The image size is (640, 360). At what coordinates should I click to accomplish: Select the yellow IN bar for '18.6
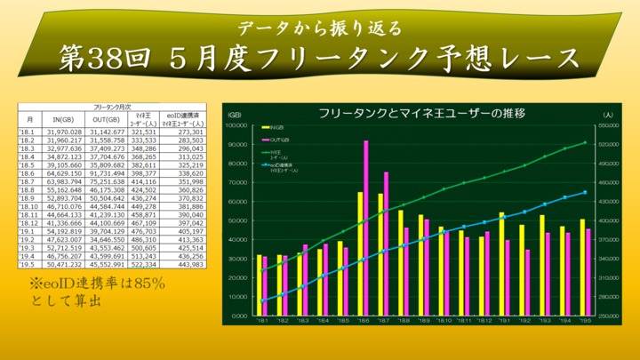click(x=360, y=253)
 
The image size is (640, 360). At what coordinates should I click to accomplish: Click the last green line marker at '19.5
click(x=585, y=142)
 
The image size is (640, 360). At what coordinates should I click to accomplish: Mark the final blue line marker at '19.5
click(x=585, y=192)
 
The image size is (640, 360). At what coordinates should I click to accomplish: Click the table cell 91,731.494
click(x=108, y=173)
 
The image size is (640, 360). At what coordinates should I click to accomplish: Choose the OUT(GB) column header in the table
click(x=108, y=119)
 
